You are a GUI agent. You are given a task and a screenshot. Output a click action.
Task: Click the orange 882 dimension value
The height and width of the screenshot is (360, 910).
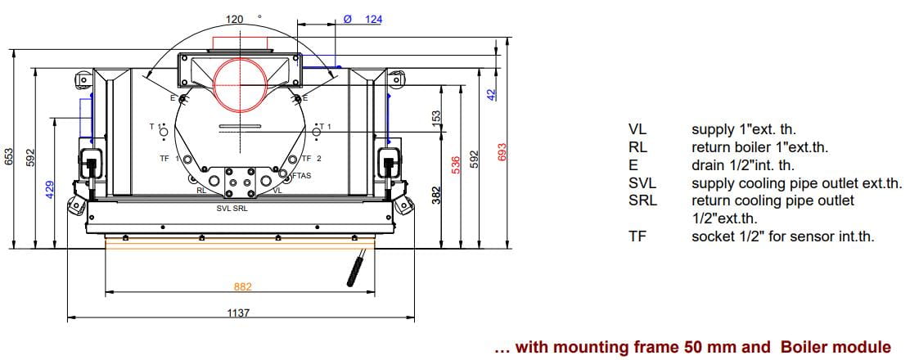(242, 286)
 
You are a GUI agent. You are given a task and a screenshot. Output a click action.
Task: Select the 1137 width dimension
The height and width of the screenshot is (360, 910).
(238, 313)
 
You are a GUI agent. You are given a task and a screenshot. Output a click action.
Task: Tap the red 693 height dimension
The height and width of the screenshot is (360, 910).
(502, 153)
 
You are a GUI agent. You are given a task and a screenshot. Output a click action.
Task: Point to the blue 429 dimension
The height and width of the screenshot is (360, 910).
(50, 189)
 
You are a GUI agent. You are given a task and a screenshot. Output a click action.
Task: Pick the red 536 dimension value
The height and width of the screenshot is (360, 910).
(456, 165)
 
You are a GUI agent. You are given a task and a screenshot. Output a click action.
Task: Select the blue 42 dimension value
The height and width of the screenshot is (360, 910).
(492, 95)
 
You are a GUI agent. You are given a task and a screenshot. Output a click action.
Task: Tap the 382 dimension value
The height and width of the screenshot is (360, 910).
(437, 195)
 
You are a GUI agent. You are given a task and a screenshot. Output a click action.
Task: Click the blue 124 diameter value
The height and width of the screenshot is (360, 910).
(374, 19)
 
